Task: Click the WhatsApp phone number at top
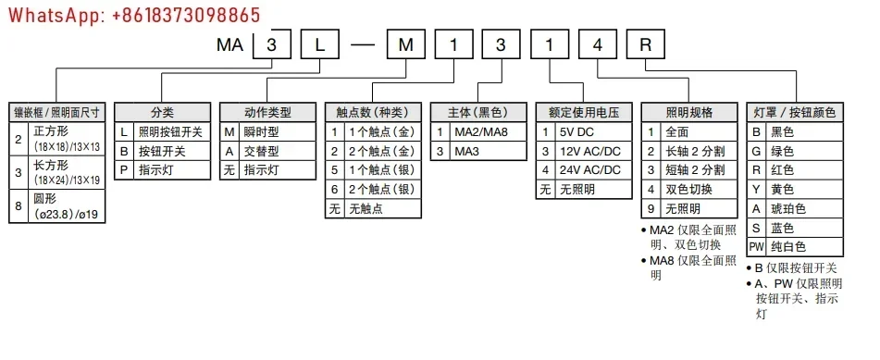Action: (135, 15)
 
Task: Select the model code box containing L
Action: (319, 45)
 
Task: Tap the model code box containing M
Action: (406, 45)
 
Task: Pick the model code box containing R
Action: (646, 45)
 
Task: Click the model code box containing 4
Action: (598, 45)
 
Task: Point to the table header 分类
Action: (162, 112)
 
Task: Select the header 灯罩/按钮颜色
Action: (795, 112)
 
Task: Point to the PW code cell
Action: (756, 246)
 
